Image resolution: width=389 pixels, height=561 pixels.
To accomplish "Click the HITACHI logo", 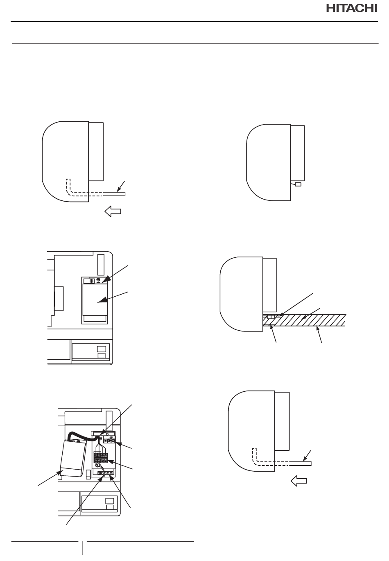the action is [x=352, y=9].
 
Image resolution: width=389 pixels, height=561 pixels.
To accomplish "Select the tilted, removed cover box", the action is [x=73, y=458].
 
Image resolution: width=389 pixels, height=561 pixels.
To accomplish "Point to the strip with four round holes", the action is [x=105, y=473].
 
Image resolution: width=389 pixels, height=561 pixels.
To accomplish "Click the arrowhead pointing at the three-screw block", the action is [x=118, y=443].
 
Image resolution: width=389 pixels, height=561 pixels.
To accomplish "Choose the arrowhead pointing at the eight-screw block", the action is [x=110, y=461].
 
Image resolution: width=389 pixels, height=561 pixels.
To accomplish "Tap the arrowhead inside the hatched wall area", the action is [x=304, y=318].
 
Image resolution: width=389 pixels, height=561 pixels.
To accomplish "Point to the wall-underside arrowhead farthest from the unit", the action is [x=317, y=328].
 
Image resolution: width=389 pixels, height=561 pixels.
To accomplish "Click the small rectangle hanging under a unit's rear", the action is [x=298, y=184].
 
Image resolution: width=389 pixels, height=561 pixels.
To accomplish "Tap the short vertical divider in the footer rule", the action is [x=83, y=548].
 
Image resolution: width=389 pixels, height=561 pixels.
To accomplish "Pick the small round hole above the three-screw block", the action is [x=107, y=434].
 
